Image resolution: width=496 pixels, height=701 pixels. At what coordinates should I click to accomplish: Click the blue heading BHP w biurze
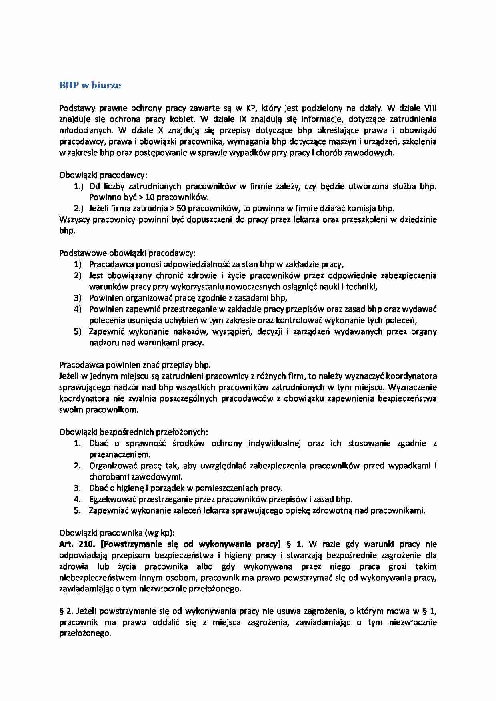click(x=90, y=85)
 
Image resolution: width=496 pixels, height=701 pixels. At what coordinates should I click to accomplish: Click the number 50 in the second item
click(x=181, y=208)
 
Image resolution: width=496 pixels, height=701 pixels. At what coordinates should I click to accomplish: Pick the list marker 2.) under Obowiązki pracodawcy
click(x=78, y=208)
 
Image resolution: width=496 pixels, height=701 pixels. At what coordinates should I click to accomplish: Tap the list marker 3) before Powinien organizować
click(x=78, y=298)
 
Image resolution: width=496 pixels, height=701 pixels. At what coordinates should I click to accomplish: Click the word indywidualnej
click(x=274, y=443)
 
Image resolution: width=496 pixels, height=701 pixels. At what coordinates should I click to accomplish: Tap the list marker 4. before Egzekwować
click(x=77, y=499)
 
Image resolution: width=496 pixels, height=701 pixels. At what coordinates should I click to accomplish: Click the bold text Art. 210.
click(x=77, y=544)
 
